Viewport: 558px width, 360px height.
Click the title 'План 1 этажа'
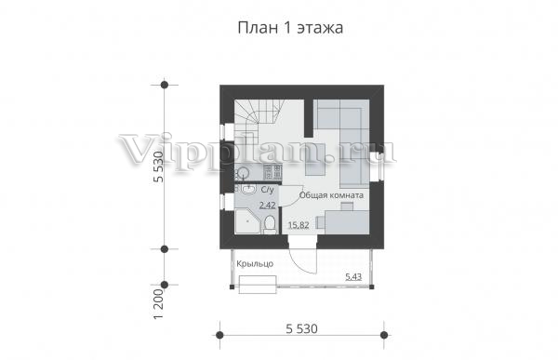coord(290,29)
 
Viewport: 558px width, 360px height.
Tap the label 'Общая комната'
coord(331,195)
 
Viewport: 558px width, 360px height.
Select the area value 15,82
coord(299,225)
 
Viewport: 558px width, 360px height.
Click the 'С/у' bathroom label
coord(268,190)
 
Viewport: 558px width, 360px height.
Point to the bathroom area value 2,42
coord(267,206)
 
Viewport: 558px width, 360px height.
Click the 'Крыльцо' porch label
coord(255,264)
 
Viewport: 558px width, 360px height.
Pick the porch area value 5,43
coord(353,276)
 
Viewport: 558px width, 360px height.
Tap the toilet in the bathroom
coord(270,225)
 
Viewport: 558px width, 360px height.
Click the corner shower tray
coord(248,221)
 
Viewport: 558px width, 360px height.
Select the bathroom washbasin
coord(248,190)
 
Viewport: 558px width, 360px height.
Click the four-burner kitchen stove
coord(272,171)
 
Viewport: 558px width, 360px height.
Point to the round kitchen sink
coord(244,173)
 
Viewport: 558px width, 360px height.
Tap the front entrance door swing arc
coord(299,261)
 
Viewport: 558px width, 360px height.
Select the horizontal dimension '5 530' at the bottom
coord(301,328)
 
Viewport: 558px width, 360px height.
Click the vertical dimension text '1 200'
coord(159,303)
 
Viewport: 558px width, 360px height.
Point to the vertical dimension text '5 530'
coord(159,167)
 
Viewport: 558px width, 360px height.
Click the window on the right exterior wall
coord(377,165)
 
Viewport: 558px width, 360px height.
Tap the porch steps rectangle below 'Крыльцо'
coord(258,285)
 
